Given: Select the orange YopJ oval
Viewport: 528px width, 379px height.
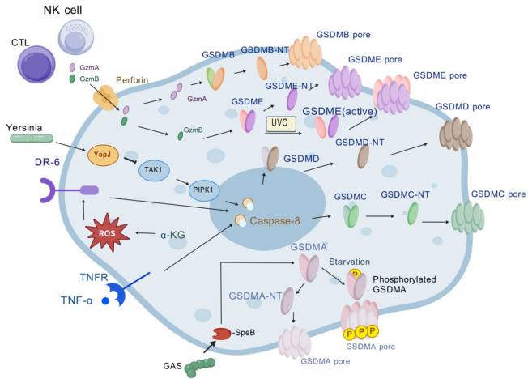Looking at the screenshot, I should pyautogui.click(x=103, y=156).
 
